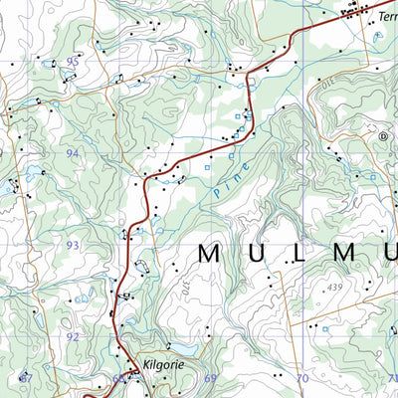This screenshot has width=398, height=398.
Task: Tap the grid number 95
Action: [x=73, y=62]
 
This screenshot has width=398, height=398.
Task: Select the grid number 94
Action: [x=73, y=153]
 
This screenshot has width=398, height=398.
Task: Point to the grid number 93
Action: [x=73, y=245]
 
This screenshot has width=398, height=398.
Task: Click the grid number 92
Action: [x=73, y=336]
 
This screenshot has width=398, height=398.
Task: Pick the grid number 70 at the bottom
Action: [x=301, y=378]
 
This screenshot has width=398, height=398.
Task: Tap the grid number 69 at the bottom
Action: [x=210, y=378]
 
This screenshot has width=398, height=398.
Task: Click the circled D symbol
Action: [x=383, y=136]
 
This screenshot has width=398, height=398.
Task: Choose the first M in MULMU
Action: [x=210, y=253]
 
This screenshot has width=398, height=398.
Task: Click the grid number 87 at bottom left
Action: [x=26, y=378]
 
